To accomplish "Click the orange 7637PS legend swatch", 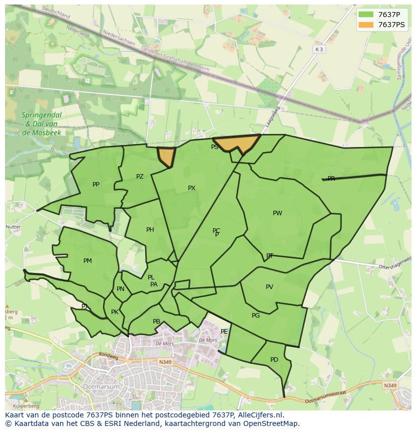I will point(366,25).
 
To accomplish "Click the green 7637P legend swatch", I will point(366,14).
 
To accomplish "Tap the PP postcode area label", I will point(96,185).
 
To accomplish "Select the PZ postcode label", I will point(140,177).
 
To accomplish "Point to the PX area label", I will point(191,188).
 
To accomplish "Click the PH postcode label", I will point(150,230).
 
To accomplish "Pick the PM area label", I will point(87,261).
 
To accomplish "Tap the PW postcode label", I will point(277,213).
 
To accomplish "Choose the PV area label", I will point(269,287).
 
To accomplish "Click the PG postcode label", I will point(256,316).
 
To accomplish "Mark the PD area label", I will point(274,360).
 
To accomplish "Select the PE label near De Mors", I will point(224,332).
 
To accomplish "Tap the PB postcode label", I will point(156,322).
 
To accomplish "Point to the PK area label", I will point(115,312).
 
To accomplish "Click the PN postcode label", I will point(121,289).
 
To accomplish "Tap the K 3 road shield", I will point(319,49).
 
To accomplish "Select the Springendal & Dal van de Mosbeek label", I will point(42,124).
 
